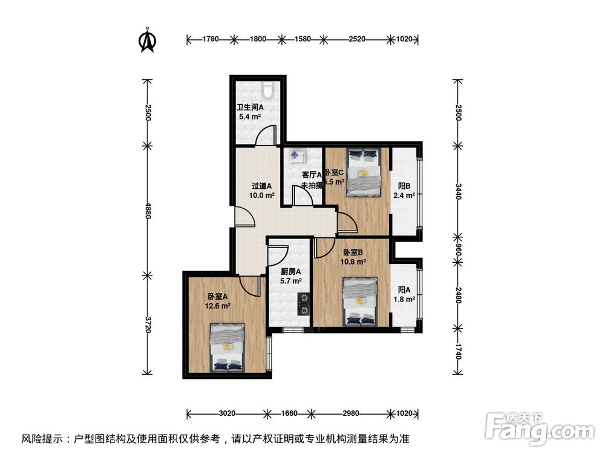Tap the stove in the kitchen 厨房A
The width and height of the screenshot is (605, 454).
(x=302, y=303)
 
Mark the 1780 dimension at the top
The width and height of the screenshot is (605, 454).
(x=211, y=39)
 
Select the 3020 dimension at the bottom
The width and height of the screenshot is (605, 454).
(x=227, y=414)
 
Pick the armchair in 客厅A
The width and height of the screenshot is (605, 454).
(x=297, y=156)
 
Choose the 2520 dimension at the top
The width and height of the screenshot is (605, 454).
(x=357, y=39)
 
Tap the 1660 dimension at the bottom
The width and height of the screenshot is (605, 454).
(x=290, y=414)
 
